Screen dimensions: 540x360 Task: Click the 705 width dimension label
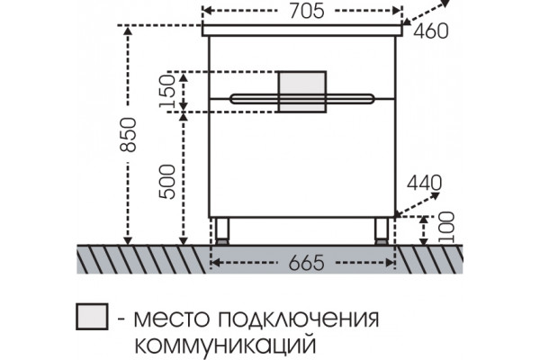pos(307,11)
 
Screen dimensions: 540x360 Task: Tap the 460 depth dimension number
pos(431,31)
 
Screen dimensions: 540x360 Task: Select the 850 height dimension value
pos(129,134)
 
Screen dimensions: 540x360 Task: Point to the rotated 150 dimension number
pos(167,91)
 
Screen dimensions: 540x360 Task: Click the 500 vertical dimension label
pos(167,182)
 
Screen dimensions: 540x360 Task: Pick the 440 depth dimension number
pos(424,183)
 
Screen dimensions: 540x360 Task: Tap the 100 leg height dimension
pos(447,228)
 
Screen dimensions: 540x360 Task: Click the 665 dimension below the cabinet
pos(307,263)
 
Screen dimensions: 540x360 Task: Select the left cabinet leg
pos(221,231)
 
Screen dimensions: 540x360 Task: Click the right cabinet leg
pos(382,231)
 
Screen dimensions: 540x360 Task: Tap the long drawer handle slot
pos(301,99)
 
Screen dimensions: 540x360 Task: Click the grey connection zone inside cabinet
pos(302,92)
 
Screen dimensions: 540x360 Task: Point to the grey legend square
pos(92,316)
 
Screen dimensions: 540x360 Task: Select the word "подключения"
pos(299,319)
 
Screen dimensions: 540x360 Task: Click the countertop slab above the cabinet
pos(302,30)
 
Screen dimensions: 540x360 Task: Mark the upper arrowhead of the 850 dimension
pos(128,31)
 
